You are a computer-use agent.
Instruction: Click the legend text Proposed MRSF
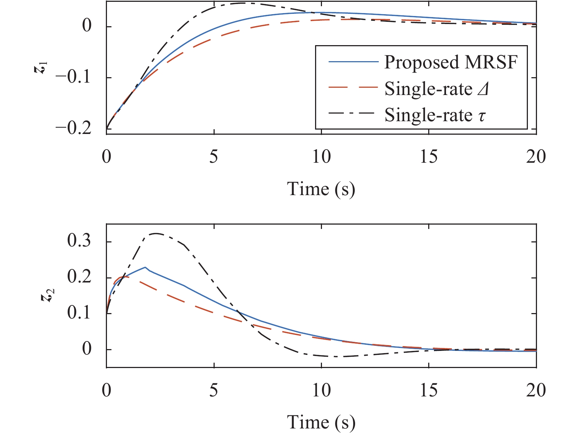(451, 63)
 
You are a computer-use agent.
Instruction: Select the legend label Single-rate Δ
(436, 89)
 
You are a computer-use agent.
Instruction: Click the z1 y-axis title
(43, 68)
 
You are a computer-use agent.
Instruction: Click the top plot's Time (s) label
(321, 189)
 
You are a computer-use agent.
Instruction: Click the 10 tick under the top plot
(322, 157)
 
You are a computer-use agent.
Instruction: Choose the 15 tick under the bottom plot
(429, 390)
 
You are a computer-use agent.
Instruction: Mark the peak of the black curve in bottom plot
(156, 233)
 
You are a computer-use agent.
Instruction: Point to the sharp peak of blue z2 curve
(145, 267)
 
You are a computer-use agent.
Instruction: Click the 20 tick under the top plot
(536, 157)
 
